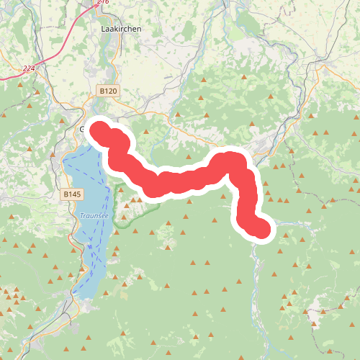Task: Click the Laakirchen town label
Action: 121,28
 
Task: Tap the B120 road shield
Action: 107,91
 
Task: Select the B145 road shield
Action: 72,194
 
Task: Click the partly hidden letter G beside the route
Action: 83,130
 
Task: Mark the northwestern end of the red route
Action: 99,130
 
